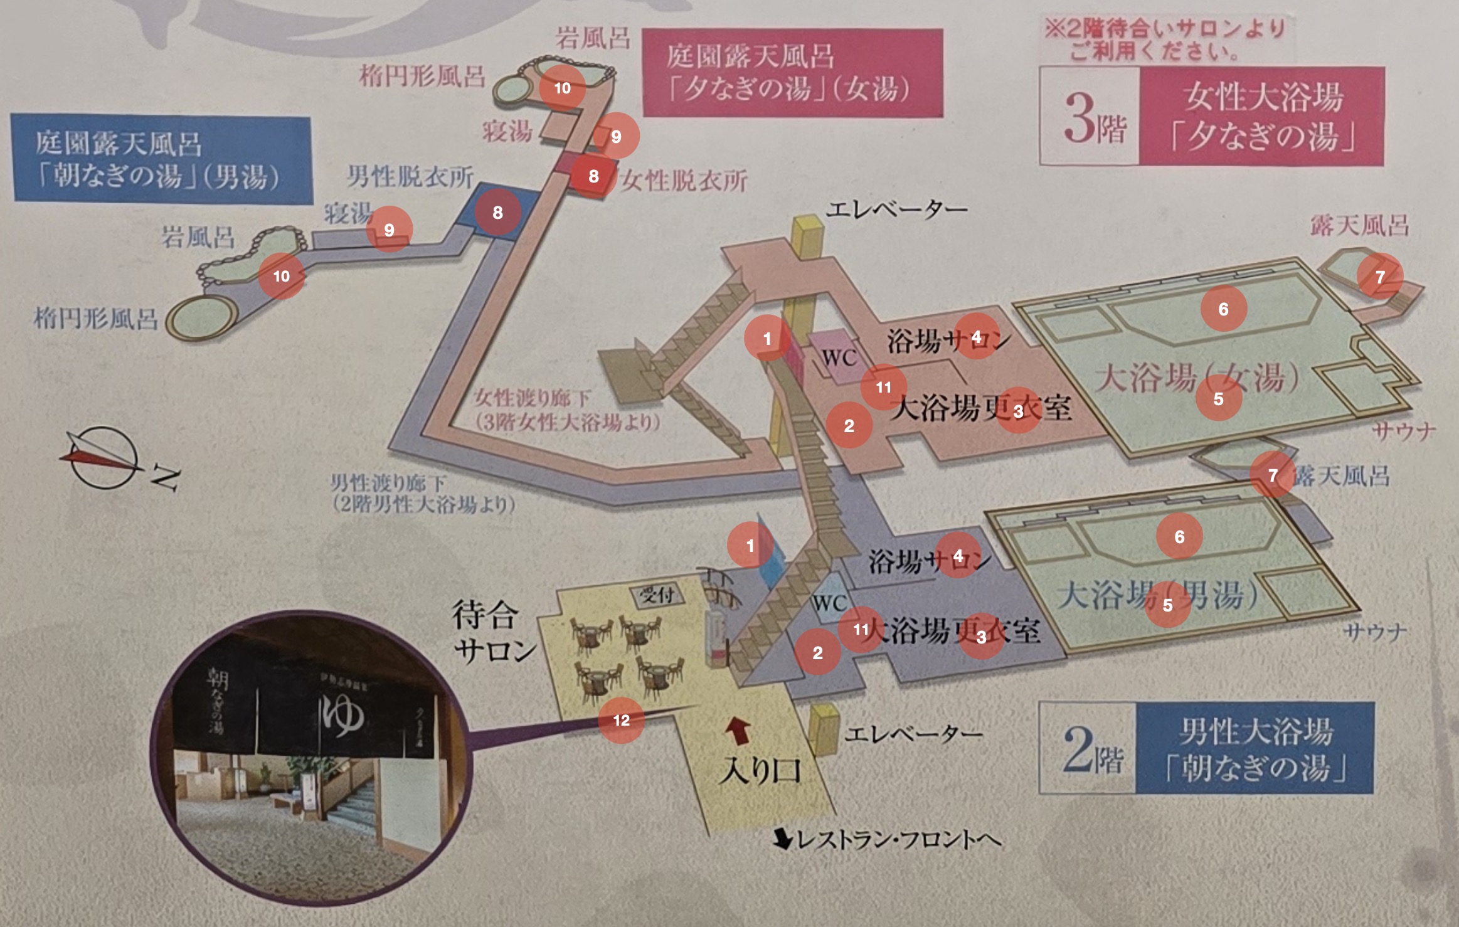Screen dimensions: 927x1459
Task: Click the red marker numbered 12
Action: (x=621, y=720)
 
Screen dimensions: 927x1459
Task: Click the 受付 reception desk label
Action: (x=657, y=595)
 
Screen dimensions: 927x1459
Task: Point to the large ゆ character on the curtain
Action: (x=342, y=715)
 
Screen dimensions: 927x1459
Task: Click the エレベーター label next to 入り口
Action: (x=913, y=734)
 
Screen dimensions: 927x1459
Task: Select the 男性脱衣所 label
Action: (x=410, y=177)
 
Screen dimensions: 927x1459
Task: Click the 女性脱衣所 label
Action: (x=684, y=181)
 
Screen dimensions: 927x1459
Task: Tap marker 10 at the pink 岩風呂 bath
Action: (x=562, y=88)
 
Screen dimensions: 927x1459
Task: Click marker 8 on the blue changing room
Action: (x=497, y=213)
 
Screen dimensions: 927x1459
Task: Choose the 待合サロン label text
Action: (x=494, y=632)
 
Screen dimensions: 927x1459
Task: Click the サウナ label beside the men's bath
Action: (x=1374, y=632)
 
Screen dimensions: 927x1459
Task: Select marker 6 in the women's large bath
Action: (x=1223, y=309)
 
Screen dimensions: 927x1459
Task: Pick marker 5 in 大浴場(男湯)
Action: (x=1167, y=605)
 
